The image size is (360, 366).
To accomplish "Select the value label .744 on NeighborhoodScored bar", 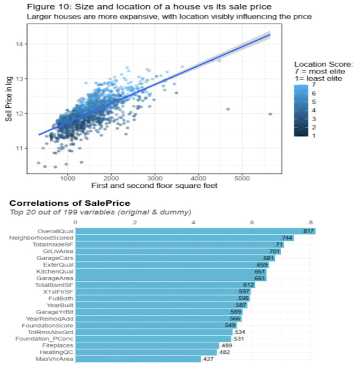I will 287,239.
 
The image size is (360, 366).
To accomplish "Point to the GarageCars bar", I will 175,258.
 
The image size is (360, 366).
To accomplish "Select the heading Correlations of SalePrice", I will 70,203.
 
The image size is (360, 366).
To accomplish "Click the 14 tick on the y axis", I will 19,44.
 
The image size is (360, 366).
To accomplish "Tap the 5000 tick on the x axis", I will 242,178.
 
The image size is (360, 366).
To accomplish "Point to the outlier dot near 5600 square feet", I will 270,114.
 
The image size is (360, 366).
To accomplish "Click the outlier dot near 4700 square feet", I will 228,109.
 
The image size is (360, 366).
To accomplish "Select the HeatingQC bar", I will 147,352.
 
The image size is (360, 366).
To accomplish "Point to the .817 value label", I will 308,232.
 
